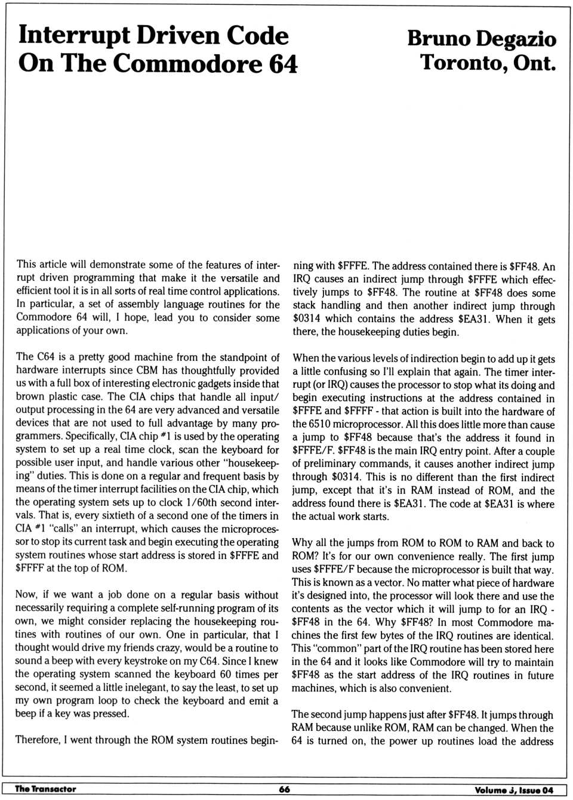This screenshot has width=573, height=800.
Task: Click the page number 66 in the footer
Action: click(285, 789)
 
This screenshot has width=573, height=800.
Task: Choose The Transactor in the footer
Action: click(45, 789)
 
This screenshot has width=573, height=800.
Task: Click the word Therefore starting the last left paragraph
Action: click(38, 740)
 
